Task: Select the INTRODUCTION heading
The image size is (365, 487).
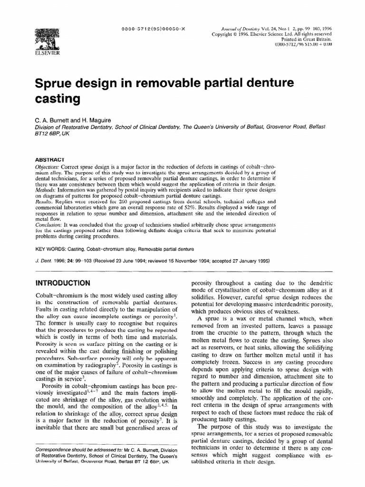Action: (x=63, y=282)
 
